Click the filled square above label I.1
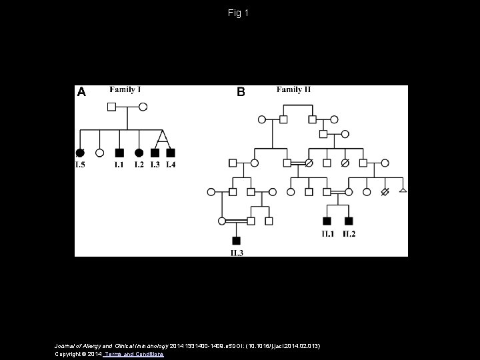[119, 153]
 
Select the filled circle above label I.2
[139, 153]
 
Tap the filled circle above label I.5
[80, 153]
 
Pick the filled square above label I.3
[155, 153]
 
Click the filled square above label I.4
[171, 153]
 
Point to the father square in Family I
[112, 106]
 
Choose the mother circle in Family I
[143, 106]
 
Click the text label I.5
[80, 165]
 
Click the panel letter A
[81, 93]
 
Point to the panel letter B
[241, 93]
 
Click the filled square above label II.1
[327, 221]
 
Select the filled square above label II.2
[349, 221]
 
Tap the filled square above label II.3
[236, 240]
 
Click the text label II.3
[236, 251]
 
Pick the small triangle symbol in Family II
[402, 192]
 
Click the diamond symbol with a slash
[384, 192]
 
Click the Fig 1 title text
[239, 13]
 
